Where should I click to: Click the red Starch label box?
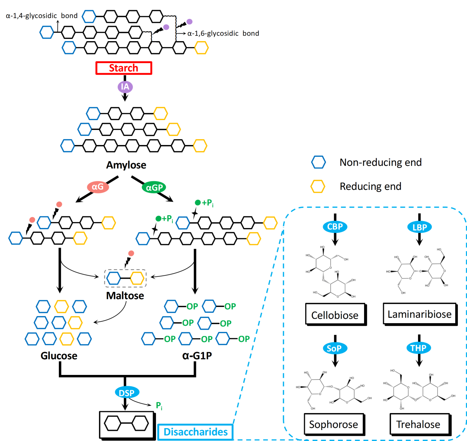(124, 68)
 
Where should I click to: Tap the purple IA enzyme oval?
(125, 87)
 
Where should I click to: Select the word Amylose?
(126, 165)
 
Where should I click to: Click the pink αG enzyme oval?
(98, 187)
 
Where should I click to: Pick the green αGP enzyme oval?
(154, 188)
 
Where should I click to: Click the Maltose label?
(125, 296)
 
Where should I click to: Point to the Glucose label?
(59, 355)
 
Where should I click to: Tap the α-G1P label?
(197, 355)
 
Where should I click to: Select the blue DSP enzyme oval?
(126, 393)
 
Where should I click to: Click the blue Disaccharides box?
(195, 432)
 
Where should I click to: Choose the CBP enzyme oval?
(335, 227)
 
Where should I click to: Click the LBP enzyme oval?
(420, 227)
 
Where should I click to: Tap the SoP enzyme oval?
(334, 348)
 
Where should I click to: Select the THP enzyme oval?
(418, 348)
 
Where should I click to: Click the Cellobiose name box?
(335, 315)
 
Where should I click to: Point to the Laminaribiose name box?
(420, 314)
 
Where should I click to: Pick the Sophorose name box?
(334, 424)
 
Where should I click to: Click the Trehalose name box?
(418, 424)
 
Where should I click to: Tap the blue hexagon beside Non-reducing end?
(318, 162)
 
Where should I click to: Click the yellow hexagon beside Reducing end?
(318, 186)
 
